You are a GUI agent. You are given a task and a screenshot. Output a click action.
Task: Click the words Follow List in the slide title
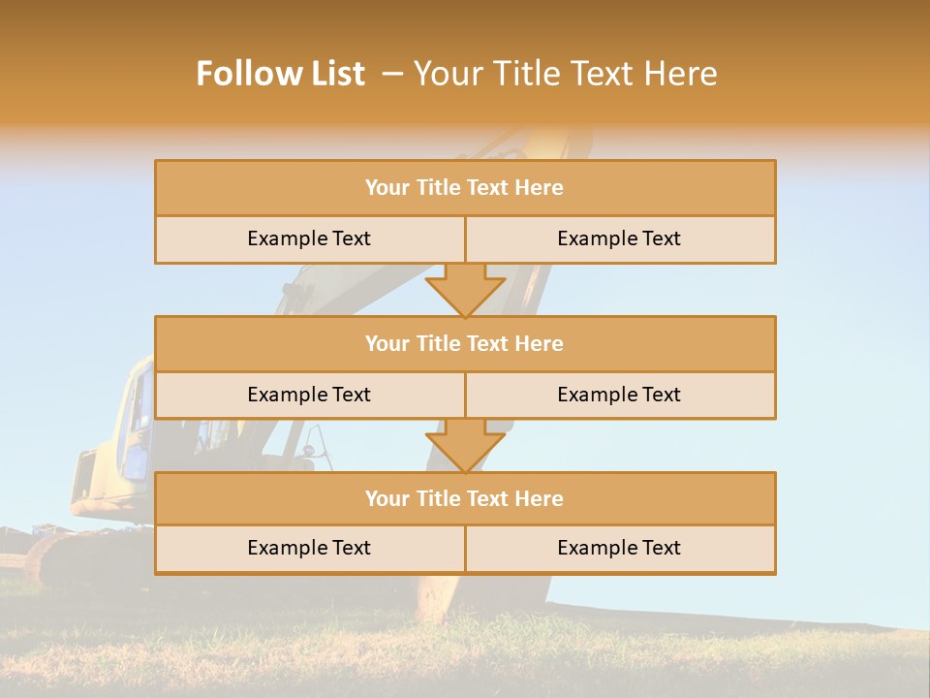[280, 74]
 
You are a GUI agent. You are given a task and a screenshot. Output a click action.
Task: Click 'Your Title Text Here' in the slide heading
[566, 74]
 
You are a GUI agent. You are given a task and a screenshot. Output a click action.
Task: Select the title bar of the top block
[465, 188]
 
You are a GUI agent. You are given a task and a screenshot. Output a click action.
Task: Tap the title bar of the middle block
[465, 344]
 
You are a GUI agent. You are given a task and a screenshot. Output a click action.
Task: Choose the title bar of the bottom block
[465, 499]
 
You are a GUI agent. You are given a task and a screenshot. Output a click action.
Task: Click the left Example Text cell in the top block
[309, 239]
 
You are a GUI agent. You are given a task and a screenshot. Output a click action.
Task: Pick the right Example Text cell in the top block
[620, 239]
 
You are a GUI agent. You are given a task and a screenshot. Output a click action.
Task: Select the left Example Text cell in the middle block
[309, 396]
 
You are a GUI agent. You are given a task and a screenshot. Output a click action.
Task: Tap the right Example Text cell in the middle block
[620, 396]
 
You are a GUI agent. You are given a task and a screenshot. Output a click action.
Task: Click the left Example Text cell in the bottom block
[309, 549]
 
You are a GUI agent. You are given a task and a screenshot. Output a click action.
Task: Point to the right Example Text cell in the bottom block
[620, 549]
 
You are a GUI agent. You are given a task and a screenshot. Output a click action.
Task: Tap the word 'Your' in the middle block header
[387, 344]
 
